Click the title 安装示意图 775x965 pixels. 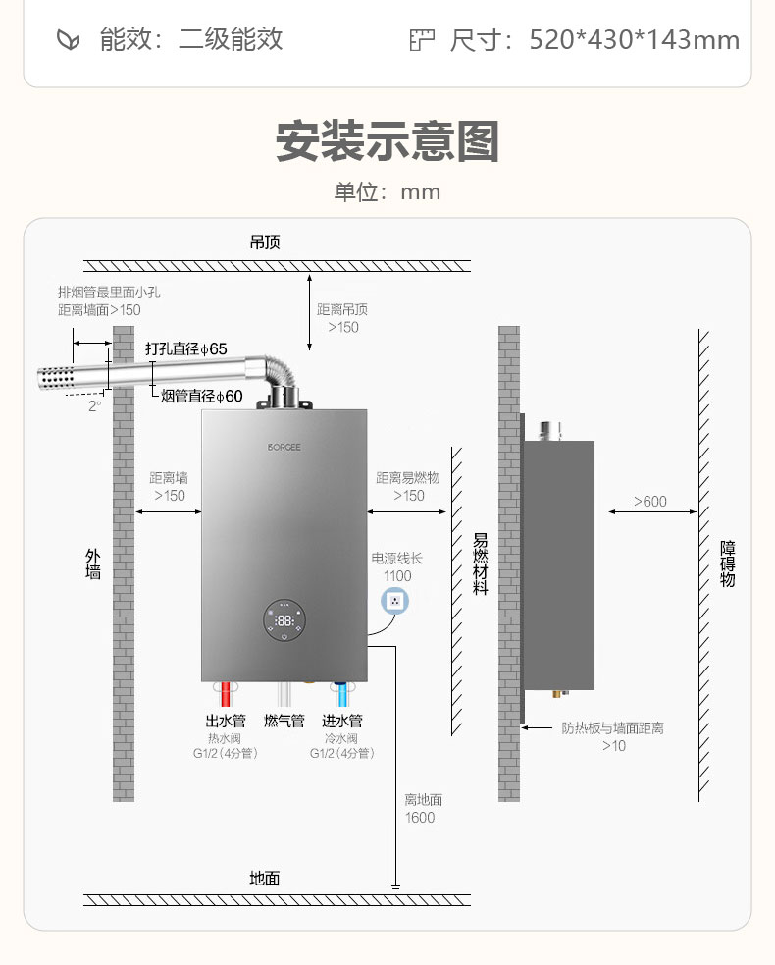[387, 141]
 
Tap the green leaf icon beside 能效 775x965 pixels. [69, 40]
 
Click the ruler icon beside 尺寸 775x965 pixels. [422, 40]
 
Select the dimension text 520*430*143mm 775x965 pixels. [634, 40]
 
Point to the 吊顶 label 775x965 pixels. [265, 242]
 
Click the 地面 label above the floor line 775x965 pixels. [265, 879]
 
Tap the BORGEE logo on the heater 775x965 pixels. [284, 447]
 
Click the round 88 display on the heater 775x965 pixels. [284, 620]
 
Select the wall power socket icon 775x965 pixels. [395, 601]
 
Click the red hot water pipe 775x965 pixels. [226, 694]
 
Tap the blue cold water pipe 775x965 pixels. [342, 694]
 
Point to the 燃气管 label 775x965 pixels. [284, 721]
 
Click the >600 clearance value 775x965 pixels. [650, 502]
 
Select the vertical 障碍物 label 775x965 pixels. [728, 563]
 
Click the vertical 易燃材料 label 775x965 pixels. [481, 563]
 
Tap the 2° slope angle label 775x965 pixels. [94, 406]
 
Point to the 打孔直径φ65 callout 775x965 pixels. [186, 348]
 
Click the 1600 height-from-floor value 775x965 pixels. [420, 818]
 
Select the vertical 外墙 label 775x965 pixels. [93, 563]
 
